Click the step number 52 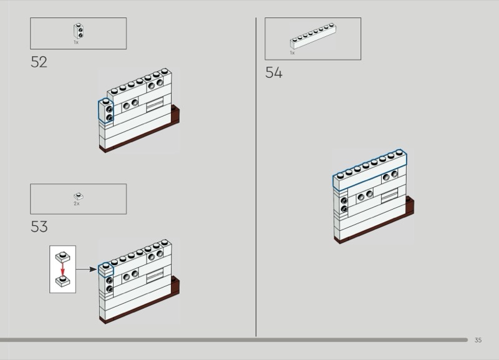[39, 62]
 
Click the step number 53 [39, 226]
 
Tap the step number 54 [273, 73]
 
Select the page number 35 [478, 340]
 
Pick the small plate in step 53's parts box [78, 196]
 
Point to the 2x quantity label [77, 204]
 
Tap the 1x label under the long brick [292, 53]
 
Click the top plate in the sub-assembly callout [62, 257]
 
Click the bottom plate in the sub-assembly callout [62, 282]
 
